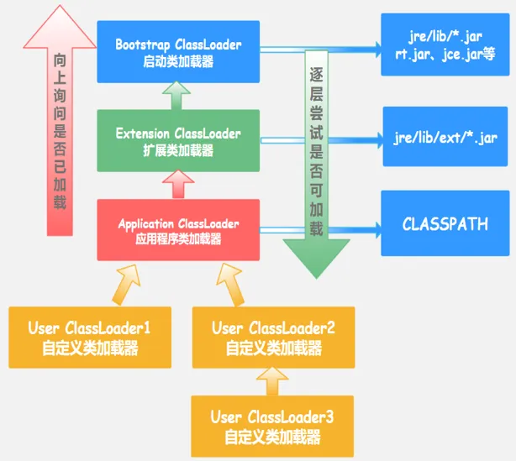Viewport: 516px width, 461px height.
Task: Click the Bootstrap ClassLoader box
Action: [178, 51]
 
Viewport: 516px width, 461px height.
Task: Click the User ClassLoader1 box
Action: [89, 337]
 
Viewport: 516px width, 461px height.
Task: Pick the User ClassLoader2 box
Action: [273, 337]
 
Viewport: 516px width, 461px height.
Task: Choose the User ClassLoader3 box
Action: [273, 426]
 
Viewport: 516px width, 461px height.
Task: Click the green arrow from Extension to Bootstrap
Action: [178, 96]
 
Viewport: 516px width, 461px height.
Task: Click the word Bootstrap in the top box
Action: [142, 44]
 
